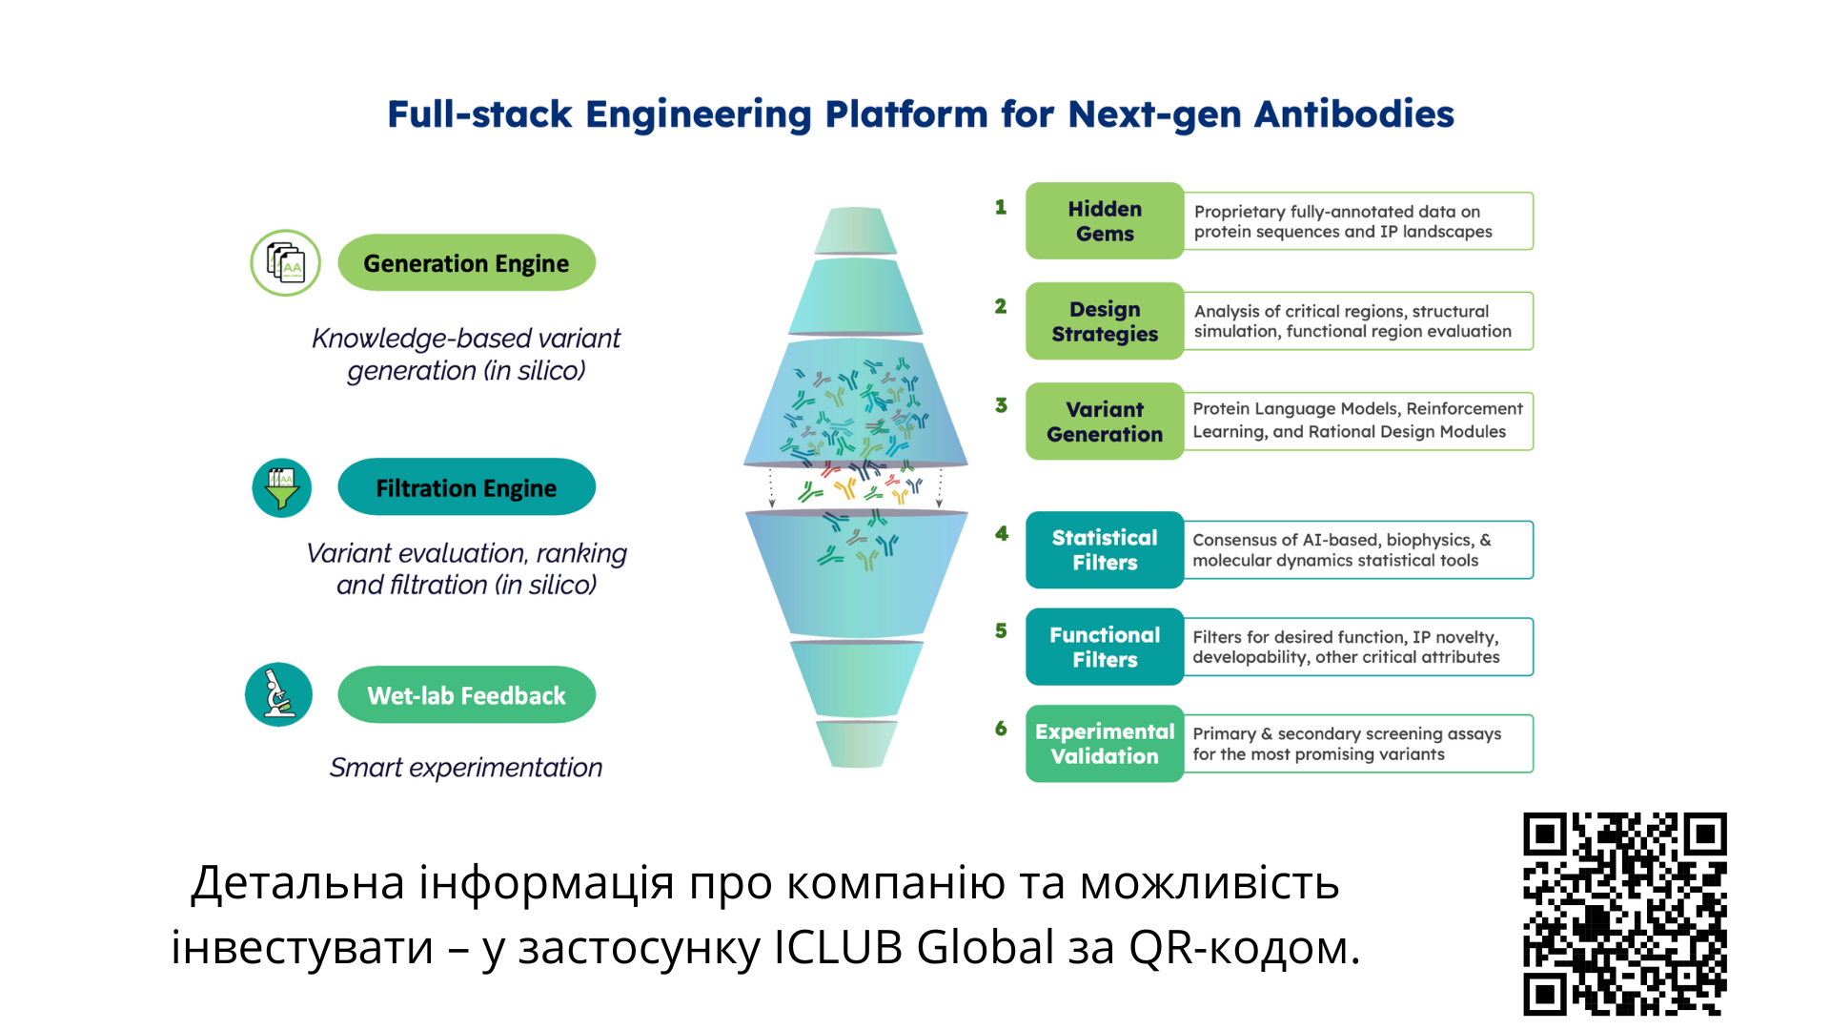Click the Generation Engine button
point(466,263)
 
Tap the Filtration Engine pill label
point(466,487)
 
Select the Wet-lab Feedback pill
point(466,695)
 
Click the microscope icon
point(278,694)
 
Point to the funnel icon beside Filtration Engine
point(282,488)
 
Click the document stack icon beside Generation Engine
point(285,263)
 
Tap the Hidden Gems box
point(1105,221)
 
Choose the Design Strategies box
point(1105,321)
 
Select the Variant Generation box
point(1105,422)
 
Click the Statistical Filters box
point(1105,550)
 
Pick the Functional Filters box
point(1105,648)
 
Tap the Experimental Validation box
point(1105,744)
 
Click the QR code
point(1624,913)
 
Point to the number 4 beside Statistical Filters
point(1001,534)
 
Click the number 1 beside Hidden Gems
point(1001,207)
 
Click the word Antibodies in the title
point(1353,114)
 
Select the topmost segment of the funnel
point(856,231)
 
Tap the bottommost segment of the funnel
point(856,744)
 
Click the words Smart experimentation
point(466,768)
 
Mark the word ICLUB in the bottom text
point(838,948)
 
